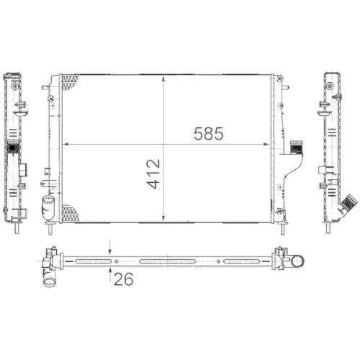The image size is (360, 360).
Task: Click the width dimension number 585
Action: tap(205, 133)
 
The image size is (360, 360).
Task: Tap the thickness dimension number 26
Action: tap(123, 280)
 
